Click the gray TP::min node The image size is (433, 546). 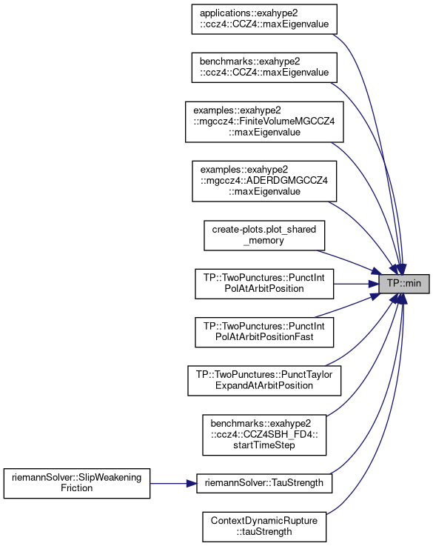(x=404, y=284)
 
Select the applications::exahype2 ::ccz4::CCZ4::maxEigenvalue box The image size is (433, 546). (x=264, y=19)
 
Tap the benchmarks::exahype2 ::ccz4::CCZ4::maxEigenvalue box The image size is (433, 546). (x=264, y=67)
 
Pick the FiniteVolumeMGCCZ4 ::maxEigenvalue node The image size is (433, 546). (x=264, y=122)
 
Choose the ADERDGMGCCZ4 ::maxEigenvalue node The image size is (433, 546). (x=264, y=181)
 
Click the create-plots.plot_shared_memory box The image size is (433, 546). (x=264, y=236)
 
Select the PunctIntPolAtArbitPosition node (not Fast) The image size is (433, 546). (x=264, y=284)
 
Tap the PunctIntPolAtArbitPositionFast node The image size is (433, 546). (x=264, y=332)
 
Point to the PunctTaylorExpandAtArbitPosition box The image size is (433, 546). (x=264, y=381)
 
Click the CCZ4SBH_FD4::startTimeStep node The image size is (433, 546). (x=264, y=435)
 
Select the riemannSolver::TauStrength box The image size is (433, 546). (x=264, y=483)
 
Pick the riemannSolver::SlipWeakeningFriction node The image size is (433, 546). (x=77, y=483)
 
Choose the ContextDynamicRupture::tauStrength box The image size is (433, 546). (x=264, y=527)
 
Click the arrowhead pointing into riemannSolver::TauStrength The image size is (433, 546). (x=191, y=483)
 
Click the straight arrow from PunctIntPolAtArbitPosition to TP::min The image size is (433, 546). (x=356, y=284)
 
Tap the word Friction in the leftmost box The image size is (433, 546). (x=77, y=488)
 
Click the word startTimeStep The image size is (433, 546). (x=264, y=445)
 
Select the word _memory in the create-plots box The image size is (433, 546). (x=264, y=241)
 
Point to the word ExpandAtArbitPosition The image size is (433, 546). (x=264, y=386)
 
